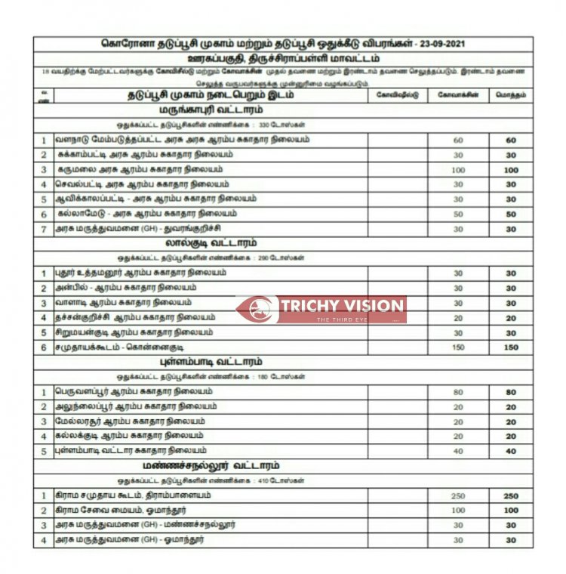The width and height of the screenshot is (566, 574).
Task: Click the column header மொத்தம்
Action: (x=511, y=96)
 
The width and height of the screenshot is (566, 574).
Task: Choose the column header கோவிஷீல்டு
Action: (x=397, y=96)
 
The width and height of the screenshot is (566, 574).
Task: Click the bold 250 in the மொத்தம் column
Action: (x=511, y=495)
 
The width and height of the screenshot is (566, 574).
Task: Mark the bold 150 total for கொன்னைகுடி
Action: (x=511, y=347)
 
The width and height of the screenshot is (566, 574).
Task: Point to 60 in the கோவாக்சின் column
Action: (x=458, y=140)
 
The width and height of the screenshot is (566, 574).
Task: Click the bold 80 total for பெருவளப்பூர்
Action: (x=511, y=392)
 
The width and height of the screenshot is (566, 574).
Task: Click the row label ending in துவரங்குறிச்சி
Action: (x=137, y=228)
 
